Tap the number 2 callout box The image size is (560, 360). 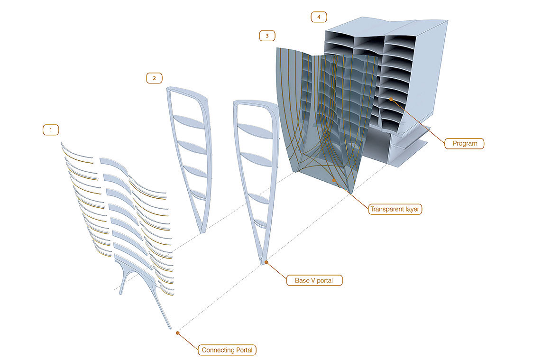click(154, 78)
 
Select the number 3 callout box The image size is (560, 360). click(267, 36)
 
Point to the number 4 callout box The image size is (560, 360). click(319, 17)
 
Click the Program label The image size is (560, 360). click(464, 143)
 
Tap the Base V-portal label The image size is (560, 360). click(314, 280)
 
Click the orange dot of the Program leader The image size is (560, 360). click(391, 99)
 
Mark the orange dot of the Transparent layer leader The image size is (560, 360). click(335, 180)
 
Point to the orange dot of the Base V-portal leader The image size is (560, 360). click(266, 262)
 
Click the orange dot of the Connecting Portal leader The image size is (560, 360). click(177, 333)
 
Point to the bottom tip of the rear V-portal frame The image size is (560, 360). click(202, 232)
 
